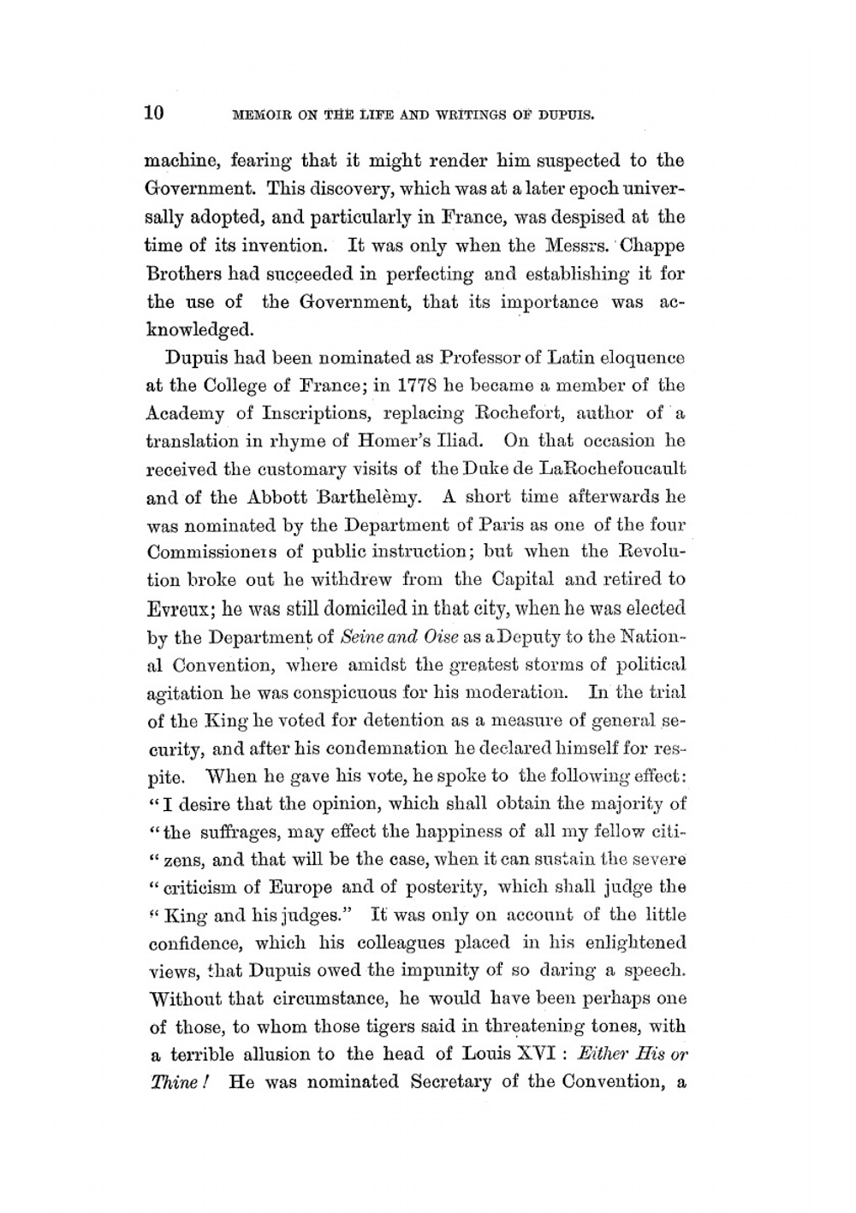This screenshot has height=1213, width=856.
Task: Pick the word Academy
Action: (x=187, y=413)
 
